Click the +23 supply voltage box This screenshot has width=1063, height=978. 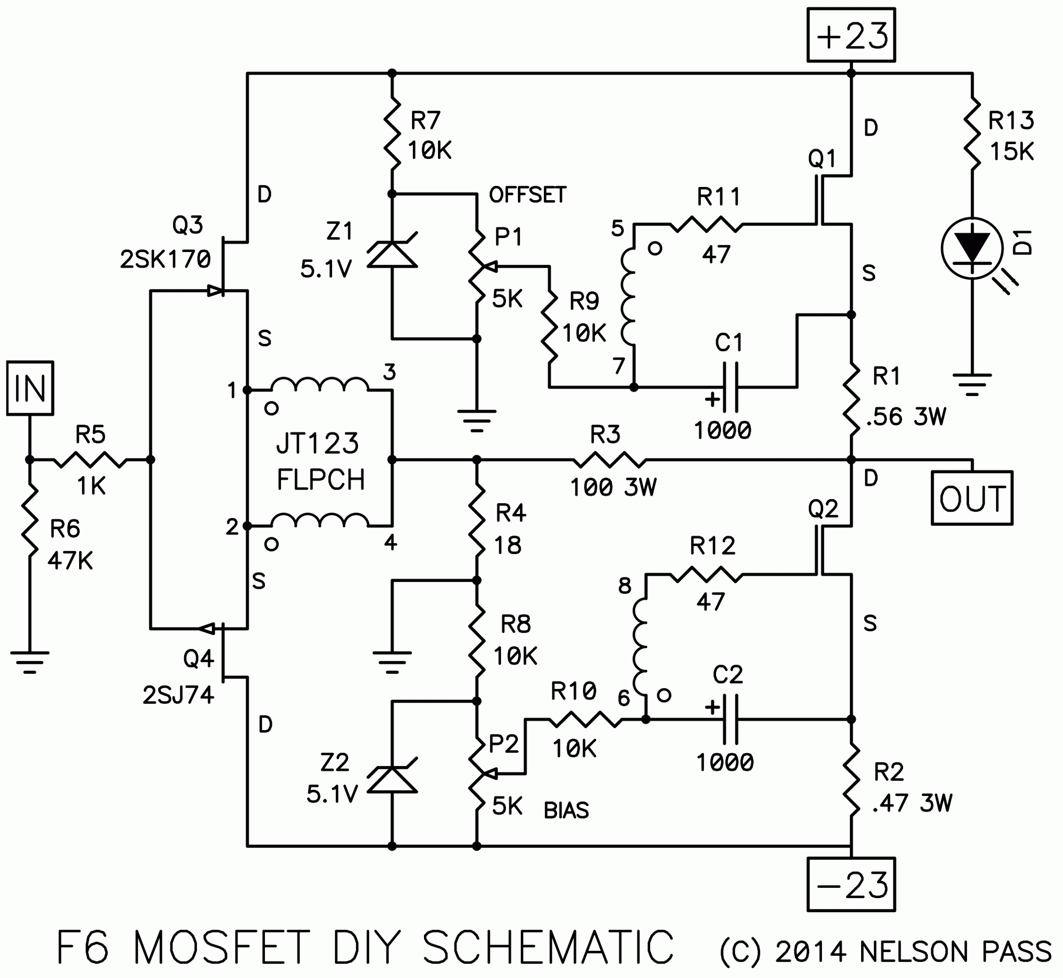[x=851, y=35]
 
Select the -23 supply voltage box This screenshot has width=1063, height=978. [x=851, y=885]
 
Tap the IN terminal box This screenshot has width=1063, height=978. [x=30, y=388]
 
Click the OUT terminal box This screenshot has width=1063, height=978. [x=972, y=498]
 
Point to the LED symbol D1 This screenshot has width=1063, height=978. [x=972, y=248]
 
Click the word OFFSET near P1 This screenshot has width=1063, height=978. [x=527, y=195]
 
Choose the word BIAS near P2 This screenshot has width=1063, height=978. [x=566, y=810]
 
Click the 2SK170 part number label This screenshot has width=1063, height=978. [x=165, y=259]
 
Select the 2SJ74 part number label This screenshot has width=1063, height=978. [x=179, y=695]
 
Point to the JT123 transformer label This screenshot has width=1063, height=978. [x=318, y=443]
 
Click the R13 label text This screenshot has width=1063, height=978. [x=1011, y=121]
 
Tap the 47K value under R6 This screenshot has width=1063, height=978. [x=70, y=561]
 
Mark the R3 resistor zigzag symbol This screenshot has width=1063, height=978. [x=610, y=460]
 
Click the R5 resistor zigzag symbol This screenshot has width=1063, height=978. [x=91, y=460]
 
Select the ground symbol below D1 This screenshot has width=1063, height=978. [x=972, y=384]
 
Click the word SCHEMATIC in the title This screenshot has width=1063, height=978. [x=548, y=947]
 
